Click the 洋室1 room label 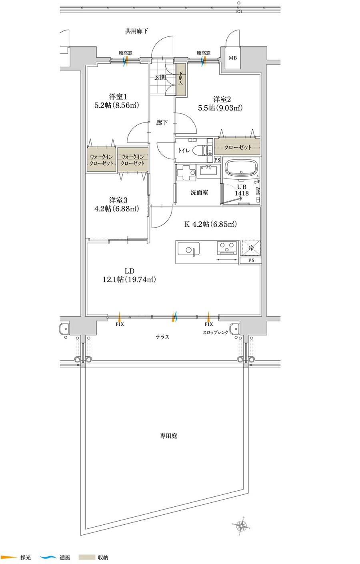118,97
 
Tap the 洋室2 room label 222,99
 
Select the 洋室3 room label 118,201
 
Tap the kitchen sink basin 189,249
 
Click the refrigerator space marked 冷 251,248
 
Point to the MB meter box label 233,58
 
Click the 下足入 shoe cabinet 181,79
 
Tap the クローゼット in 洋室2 237,147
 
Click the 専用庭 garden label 168,436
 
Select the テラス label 162,337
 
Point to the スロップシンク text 215,332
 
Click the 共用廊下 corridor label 137,31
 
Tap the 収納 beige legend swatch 87,557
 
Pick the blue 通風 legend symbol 48,557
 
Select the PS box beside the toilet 217,160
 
